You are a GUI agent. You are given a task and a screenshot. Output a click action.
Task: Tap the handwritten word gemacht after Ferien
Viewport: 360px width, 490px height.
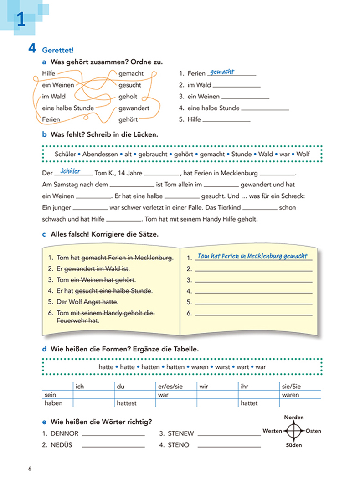(x=222, y=72)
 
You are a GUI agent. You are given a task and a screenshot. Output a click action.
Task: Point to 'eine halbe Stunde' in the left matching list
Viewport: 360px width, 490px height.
(x=67, y=108)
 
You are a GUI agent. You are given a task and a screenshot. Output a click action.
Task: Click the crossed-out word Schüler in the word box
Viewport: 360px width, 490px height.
(x=64, y=154)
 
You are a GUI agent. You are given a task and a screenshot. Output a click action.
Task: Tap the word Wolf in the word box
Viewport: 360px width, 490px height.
(x=303, y=154)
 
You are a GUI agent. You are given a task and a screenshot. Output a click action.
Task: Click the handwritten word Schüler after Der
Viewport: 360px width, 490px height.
(x=70, y=171)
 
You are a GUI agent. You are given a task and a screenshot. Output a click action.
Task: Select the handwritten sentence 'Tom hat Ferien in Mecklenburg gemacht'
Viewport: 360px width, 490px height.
(x=252, y=256)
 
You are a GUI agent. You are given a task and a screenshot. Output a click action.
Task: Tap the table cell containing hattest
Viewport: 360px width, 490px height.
(x=126, y=403)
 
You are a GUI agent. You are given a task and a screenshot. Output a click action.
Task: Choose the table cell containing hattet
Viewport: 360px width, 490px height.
(x=249, y=403)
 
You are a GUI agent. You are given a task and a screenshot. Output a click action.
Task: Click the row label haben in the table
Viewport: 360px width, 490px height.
(x=53, y=403)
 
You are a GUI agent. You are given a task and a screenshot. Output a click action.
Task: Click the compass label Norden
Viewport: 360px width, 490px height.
(x=294, y=417)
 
